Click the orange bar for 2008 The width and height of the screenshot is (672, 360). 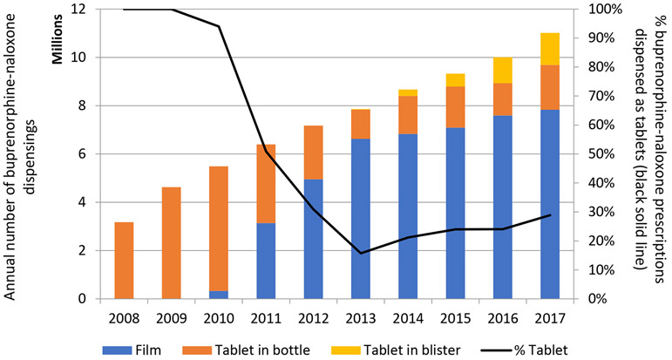pos(124,261)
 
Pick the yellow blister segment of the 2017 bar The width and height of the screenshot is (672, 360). pos(548,49)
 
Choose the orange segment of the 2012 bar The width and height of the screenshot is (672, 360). pos(312,153)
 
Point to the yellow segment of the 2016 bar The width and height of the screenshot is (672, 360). pos(501,71)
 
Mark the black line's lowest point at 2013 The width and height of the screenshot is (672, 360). pos(359,253)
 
